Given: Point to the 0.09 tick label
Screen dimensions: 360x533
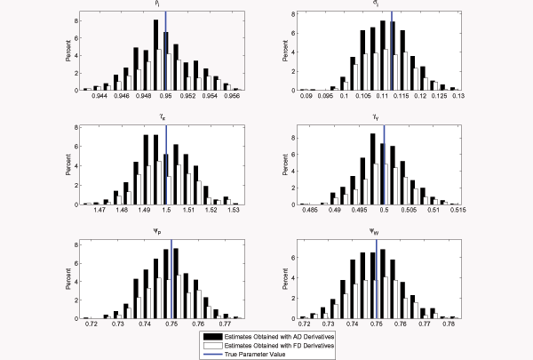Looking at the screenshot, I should [x=306, y=98].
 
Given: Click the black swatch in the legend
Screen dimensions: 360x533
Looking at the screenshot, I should [x=211, y=335].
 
